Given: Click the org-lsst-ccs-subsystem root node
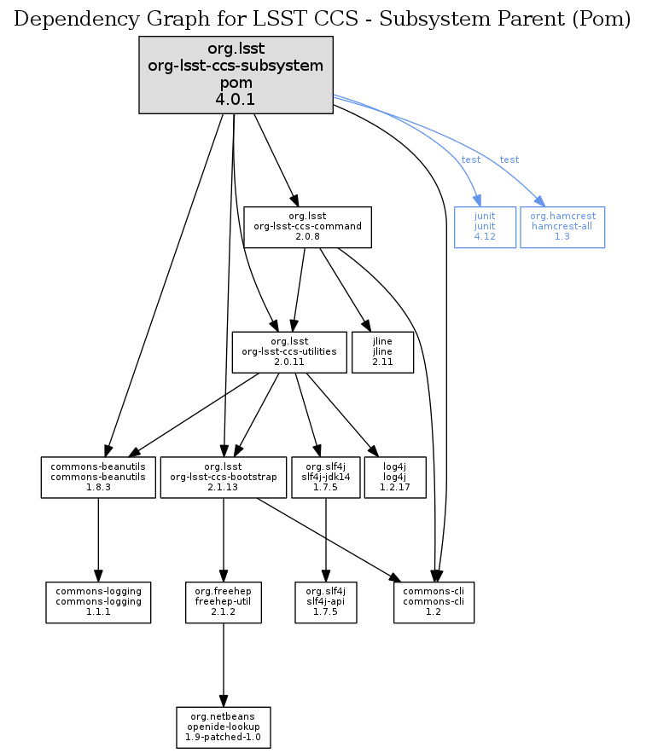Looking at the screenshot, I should (236, 74).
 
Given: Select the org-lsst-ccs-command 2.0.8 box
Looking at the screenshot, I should (307, 227).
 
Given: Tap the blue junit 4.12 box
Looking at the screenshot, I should (485, 227).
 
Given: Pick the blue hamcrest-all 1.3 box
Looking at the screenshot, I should (562, 227).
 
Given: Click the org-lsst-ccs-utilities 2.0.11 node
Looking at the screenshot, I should (289, 352).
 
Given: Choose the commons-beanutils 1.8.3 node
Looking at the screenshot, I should (98, 478).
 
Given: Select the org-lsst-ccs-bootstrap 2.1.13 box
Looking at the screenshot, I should (224, 478).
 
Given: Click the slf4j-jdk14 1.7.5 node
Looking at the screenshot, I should (324, 478).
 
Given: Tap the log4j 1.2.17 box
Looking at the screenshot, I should (395, 478).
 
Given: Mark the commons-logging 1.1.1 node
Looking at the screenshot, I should (98, 602).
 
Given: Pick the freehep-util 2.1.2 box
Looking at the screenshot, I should (224, 602).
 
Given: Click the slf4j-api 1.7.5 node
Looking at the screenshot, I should (324, 602).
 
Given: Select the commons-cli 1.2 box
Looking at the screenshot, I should (434, 602).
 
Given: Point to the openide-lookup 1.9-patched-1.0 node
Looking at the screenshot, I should (224, 727).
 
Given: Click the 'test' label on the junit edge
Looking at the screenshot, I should (471, 160).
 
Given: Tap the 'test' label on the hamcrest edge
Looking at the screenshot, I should (509, 160).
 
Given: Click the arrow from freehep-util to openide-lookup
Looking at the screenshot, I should (224, 665).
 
